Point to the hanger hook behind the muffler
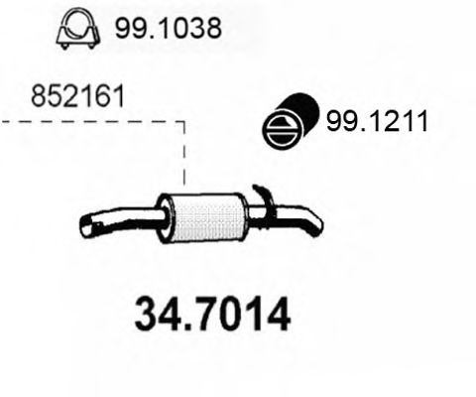[262, 195]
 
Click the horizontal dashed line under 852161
[89, 123]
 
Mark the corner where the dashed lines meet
[184, 123]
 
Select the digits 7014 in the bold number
[239, 317]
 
